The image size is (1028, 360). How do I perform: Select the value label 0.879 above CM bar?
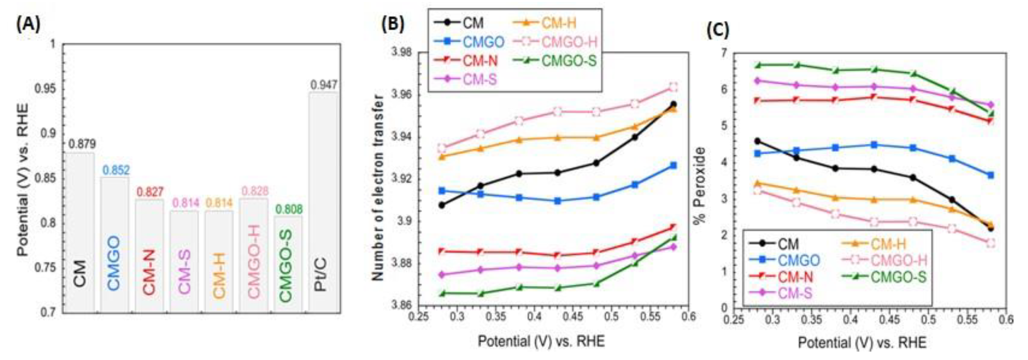[x=81, y=144]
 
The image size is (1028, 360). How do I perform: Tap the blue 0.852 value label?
[x=116, y=170]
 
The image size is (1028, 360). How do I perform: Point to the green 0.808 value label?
[x=289, y=209]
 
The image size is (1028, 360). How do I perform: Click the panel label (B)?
[x=393, y=25]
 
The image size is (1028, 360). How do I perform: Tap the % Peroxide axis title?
[x=699, y=186]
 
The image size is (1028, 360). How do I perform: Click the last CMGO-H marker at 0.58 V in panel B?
[x=673, y=87]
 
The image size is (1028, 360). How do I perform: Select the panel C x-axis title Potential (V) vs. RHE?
[x=862, y=343]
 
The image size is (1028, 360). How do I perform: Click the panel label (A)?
[x=28, y=25]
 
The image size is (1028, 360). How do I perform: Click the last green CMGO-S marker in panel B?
[x=673, y=238]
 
